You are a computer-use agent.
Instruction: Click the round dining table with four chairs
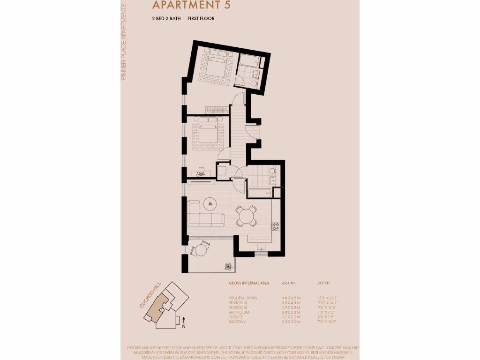(246, 216)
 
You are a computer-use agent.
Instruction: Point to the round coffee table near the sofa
(209, 203)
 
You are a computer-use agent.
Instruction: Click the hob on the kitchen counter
(275, 226)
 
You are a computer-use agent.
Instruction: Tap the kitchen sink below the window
(261, 247)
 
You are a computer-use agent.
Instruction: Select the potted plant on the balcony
(228, 266)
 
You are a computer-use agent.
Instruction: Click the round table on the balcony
(201, 250)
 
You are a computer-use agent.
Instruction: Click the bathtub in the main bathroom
(259, 192)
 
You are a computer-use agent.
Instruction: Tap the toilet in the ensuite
(254, 83)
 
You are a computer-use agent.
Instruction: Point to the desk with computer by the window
(201, 173)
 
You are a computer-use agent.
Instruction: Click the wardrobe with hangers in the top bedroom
(217, 110)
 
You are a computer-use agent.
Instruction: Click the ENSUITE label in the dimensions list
(236, 317)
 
